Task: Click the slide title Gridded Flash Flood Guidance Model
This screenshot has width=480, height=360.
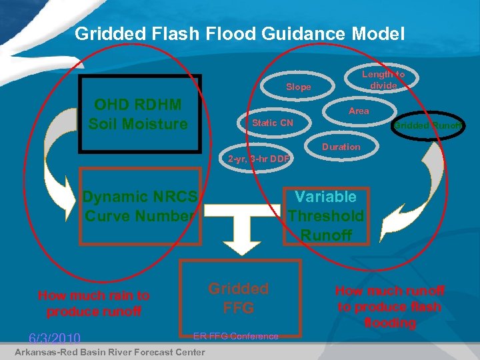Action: click(239, 33)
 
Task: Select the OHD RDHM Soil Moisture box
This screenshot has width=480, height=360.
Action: click(139, 115)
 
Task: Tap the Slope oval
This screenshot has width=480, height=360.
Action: click(298, 87)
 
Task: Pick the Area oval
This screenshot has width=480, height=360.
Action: click(358, 111)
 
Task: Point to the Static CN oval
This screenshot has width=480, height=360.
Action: click(272, 123)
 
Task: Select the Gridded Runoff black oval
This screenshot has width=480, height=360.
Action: click(427, 124)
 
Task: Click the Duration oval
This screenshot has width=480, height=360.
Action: click(341, 147)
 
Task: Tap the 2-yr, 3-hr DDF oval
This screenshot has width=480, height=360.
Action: click(258, 159)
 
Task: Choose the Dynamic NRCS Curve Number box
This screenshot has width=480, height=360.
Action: click(139, 207)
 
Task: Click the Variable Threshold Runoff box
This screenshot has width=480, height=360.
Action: click(326, 215)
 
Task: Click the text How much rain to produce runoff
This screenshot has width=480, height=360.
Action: click(93, 303)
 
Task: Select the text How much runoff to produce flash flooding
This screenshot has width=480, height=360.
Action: click(390, 306)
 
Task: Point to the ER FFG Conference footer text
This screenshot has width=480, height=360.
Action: click(235, 336)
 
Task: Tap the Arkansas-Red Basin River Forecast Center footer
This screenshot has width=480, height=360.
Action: click(109, 351)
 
